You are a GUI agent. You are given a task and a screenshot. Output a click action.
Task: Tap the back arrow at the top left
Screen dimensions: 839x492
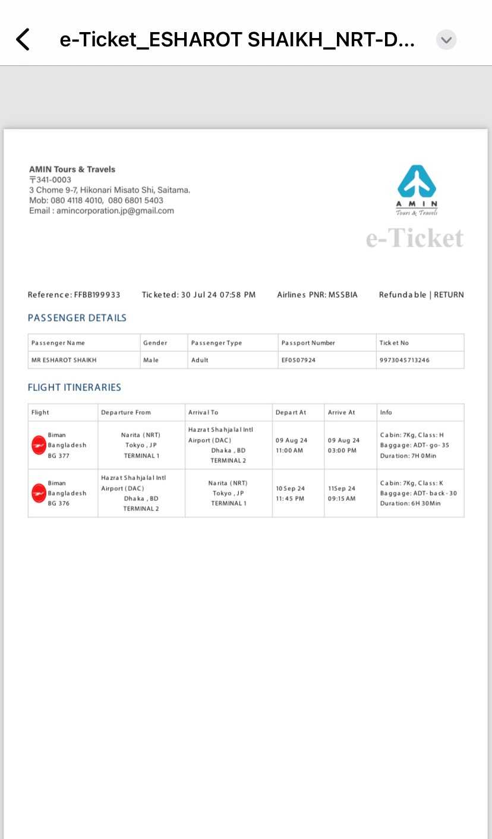point(23,40)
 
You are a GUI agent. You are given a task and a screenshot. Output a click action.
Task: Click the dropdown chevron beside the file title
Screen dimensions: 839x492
point(446,40)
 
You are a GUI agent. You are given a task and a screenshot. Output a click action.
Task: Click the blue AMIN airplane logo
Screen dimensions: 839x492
point(417,182)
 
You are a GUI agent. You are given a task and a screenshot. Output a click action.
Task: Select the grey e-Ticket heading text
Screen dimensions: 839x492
point(415,238)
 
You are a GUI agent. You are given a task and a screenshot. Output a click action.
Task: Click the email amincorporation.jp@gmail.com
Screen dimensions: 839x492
point(115,211)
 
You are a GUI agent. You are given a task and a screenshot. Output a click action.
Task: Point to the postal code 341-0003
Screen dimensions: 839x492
point(53,179)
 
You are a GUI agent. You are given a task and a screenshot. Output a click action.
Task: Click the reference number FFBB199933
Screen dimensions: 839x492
point(97,295)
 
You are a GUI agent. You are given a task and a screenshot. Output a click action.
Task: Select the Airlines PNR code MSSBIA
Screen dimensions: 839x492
point(343,295)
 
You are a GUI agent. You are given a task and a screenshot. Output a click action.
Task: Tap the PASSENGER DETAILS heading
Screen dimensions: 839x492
point(77,318)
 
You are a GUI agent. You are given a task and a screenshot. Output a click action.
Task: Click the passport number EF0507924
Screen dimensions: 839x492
point(298,360)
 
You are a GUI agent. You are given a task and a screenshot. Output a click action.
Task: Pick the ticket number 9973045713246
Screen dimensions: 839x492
point(405,360)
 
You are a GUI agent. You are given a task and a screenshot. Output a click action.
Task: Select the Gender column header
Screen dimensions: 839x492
point(155,343)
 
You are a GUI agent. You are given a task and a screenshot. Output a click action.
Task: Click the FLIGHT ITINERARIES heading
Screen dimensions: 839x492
point(74,387)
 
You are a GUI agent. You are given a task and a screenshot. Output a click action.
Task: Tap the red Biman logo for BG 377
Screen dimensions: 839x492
point(39,445)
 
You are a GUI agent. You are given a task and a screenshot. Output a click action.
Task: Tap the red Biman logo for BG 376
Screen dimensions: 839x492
point(39,493)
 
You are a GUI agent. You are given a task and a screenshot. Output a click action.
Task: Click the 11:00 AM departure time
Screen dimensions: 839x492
point(289,450)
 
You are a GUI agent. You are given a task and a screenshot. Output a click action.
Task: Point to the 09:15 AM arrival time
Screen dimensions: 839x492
point(342,499)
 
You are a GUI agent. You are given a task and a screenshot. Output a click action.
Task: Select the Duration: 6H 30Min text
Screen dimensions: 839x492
point(410,503)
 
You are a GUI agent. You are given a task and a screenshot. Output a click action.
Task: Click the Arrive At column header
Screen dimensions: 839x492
point(341,412)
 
